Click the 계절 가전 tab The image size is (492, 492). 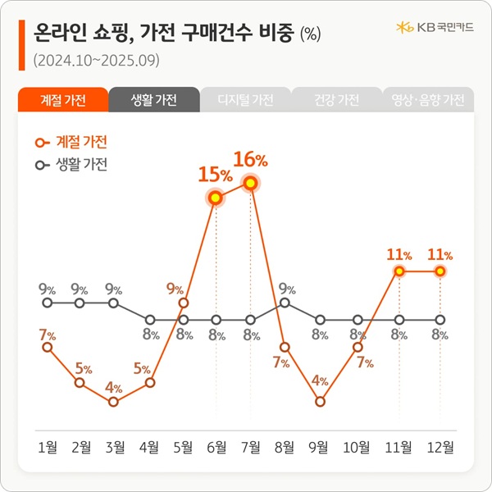[62, 100]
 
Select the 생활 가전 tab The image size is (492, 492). [154, 100]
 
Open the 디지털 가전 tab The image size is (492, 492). [245, 100]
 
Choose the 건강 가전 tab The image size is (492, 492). [336, 100]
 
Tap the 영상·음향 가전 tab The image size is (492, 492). [426, 100]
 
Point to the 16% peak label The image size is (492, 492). [250, 159]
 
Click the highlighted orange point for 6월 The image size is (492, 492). [216, 198]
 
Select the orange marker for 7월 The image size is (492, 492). [250, 183]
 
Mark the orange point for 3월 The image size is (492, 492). [114, 402]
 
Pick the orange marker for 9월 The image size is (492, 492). [320, 402]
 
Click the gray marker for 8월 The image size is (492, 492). [285, 303]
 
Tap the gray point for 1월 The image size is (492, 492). [48, 303]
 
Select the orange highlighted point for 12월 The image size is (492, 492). [440, 271]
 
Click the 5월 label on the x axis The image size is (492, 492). [184, 447]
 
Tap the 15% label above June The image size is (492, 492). [215, 174]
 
